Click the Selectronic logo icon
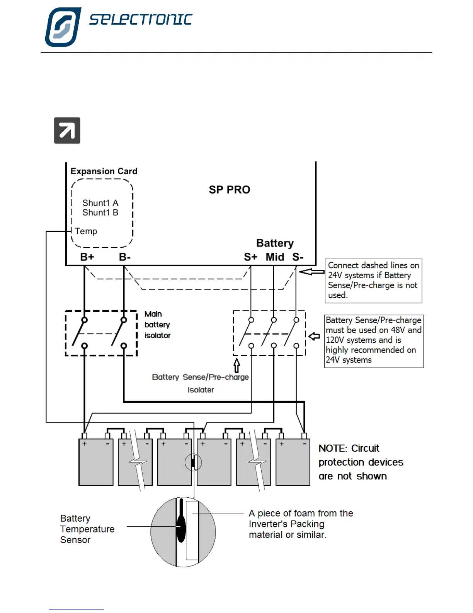click(x=63, y=27)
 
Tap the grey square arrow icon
click(x=67, y=130)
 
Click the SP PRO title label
click(x=230, y=190)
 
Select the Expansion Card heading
click(x=104, y=171)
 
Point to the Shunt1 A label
click(x=100, y=203)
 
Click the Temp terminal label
click(x=86, y=231)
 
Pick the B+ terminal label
click(x=87, y=257)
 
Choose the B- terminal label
click(x=124, y=257)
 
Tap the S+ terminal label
click(x=250, y=257)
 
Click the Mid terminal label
click(x=275, y=257)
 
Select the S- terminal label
click(x=298, y=257)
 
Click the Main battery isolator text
click(x=157, y=324)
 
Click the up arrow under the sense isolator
click(x=236, y=365)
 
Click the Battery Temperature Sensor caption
click(x=87, y=529)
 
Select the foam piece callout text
click(x=301, y=524)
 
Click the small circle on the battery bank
click(x=193, y=462)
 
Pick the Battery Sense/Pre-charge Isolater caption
click(x=200, y=383)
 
